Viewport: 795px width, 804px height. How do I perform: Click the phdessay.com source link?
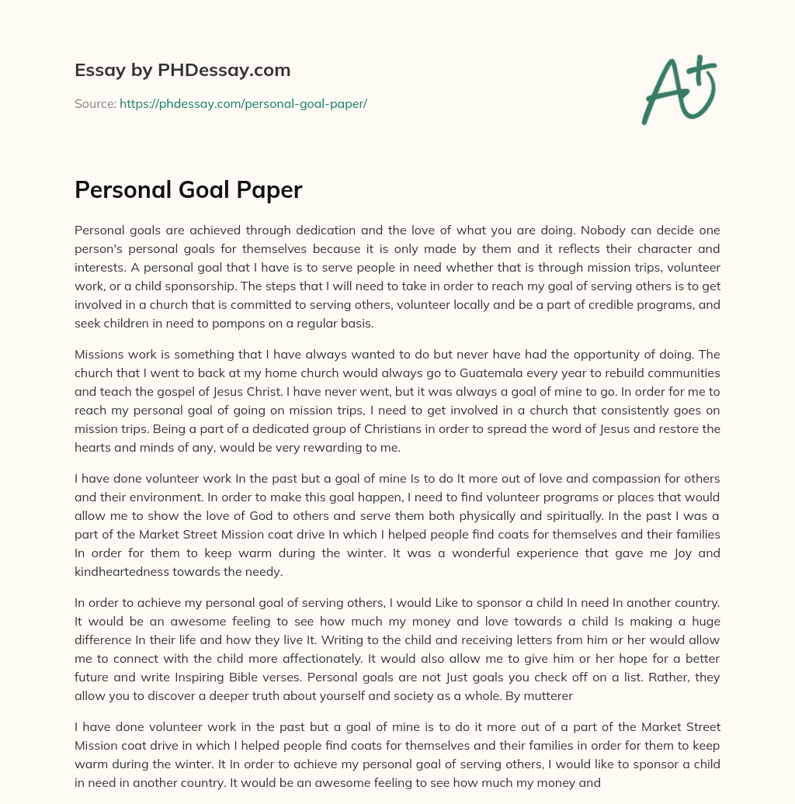(x=243, y=103)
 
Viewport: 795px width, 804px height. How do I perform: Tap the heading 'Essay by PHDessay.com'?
(x=182, y=70)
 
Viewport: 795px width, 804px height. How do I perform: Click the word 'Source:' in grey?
(x=95, y=103)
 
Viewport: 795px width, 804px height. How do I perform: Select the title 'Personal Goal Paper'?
(x=188, y=190)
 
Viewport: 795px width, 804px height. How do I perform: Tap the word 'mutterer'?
(x=548, y=696)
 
